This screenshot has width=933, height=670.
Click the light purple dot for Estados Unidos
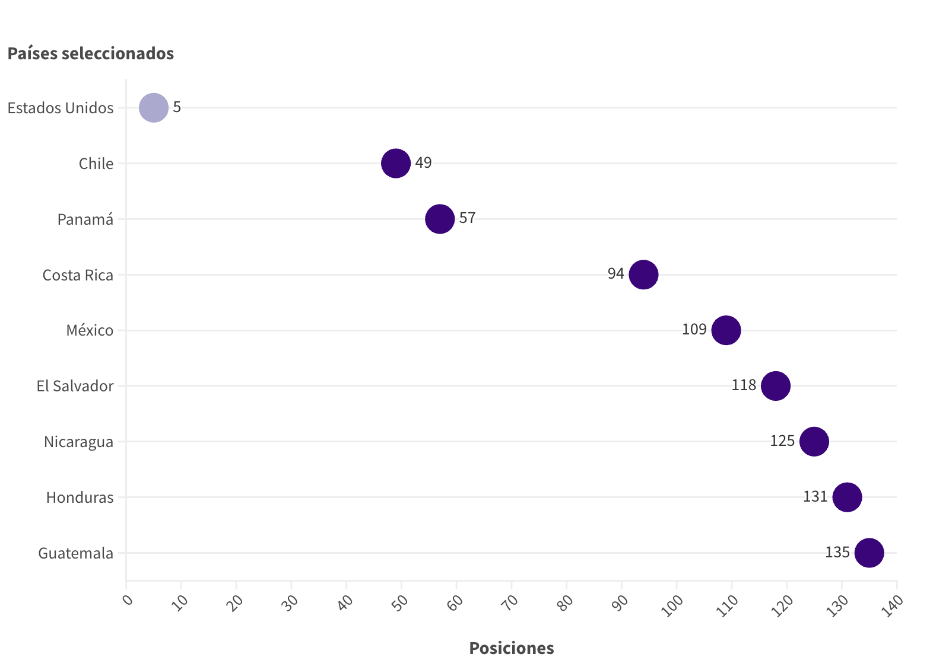pyautogui.click(x=154, y=107)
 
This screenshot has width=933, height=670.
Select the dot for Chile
pyautogui.click(x=396, y=163)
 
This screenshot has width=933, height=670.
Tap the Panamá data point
pyautogui.click(x=440, y=219)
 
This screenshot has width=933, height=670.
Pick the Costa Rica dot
pyautogui.click(x=643, y=275)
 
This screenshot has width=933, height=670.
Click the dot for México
pyautogui.click(x=726, y=330)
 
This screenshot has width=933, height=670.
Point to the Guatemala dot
pyautogui.click(x=869, y=553)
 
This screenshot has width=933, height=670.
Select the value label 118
pyautogui.click(x=744, y=385)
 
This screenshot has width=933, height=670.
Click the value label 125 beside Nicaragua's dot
pyautogui.click(x=782, y=441)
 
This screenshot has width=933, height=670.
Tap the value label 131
pyautogui.click(x=815, y=496)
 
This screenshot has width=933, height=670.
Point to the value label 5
pyautogui.click(x=177, y=107)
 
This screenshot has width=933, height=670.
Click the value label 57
pyautogui.click(x=467, y=218)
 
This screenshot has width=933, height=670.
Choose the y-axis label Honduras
pyautogui.click(x=80, y=497)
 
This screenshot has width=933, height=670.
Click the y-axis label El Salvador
pyautogui.click(x=75, y=386)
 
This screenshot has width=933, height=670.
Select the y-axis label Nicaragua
pyautogui.click(x=78, y=442)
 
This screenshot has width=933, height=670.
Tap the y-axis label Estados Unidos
pyautogui.click(x=61, y=108)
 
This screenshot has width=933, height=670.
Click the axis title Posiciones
pyautogui.click(x=511, y=648)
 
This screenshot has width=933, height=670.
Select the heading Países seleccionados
pyautogui.click(x=90, y=53)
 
